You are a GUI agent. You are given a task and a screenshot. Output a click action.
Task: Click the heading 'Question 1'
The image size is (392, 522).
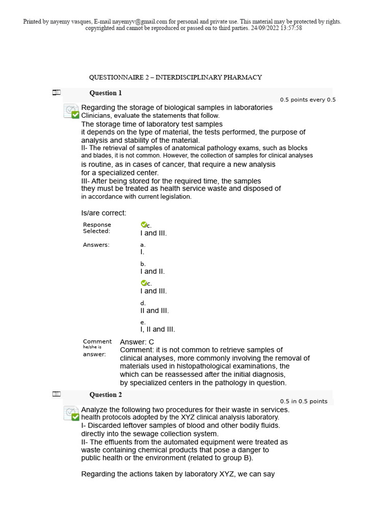coord(106,93)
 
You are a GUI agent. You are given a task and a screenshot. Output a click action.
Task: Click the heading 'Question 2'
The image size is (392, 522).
coord(106,395)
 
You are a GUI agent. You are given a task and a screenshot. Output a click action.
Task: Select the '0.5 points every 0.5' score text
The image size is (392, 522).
coord(308,100)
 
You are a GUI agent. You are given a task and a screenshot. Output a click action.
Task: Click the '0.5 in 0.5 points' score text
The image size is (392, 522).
coord(304,401)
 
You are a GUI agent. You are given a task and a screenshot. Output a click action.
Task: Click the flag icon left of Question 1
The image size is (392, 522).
coord(56,93)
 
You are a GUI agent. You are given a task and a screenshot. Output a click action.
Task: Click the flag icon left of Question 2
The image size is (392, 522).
coord(56,394)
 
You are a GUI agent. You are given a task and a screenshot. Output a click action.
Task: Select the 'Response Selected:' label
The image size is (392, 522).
coord(97,228)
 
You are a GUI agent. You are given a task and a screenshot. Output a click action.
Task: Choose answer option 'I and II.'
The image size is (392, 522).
coord(153,272)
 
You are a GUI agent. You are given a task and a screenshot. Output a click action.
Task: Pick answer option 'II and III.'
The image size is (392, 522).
coord(154,310)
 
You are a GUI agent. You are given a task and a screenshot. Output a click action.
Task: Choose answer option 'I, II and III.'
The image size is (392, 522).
coord(158,329)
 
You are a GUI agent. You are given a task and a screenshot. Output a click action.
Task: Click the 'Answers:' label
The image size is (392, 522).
coord(96,245)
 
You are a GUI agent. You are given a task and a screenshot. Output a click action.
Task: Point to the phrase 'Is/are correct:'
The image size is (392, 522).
coord(104,213)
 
